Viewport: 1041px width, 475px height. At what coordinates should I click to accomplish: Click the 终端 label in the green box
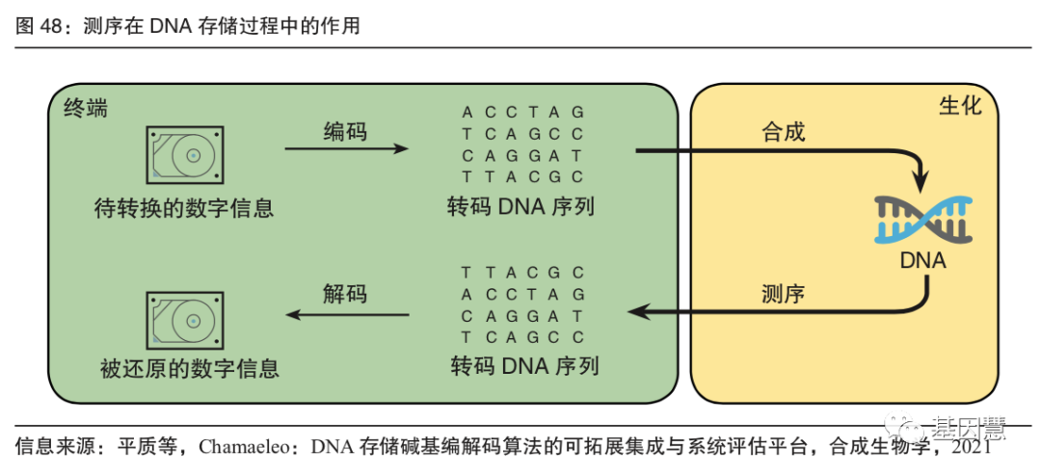pos(85,108)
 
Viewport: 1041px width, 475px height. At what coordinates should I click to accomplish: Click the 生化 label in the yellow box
pos(959,105)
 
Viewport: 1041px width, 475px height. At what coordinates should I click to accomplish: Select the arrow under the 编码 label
pos(346,149)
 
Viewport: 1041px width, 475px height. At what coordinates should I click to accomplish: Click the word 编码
pos(345,131)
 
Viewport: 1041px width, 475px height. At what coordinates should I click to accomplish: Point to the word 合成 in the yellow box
pos(783,131)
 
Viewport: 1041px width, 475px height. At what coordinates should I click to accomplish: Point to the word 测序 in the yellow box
pos(783,293)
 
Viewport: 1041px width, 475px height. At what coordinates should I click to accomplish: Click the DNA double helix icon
pos(922,219)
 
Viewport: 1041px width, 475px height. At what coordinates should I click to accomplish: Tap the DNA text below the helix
pos(922,261)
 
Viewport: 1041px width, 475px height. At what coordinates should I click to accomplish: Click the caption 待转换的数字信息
pos(184,206)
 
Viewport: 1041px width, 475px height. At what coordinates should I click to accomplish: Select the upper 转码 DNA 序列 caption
pos(522,206)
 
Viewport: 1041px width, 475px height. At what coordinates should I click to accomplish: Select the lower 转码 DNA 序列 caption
pos(523,366)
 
